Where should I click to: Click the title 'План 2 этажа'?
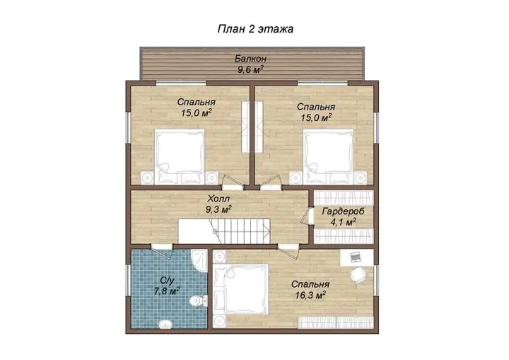click(255, 29)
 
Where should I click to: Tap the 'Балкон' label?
click(250, 59)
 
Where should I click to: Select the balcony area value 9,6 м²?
click(250, 69)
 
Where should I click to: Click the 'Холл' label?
click(218, 199)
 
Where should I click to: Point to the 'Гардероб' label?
click(343, 211)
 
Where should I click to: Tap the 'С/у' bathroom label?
click(167, 280)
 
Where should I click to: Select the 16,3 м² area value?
click(310, 296)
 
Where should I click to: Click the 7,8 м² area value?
click(167, 291)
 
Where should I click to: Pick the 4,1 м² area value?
click(343, 223)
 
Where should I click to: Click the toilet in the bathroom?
click(199, 301)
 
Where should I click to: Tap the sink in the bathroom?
click(166, 324)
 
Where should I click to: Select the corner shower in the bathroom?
click(199, 260)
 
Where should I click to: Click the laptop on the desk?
click(355, 257)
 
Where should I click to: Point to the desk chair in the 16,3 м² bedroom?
click(358, 275)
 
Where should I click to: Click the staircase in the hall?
click(224, 231)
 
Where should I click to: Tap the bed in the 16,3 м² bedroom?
click(241, 289)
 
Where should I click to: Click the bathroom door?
click(161, 250)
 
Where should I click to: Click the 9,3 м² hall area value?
click(218, 209)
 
